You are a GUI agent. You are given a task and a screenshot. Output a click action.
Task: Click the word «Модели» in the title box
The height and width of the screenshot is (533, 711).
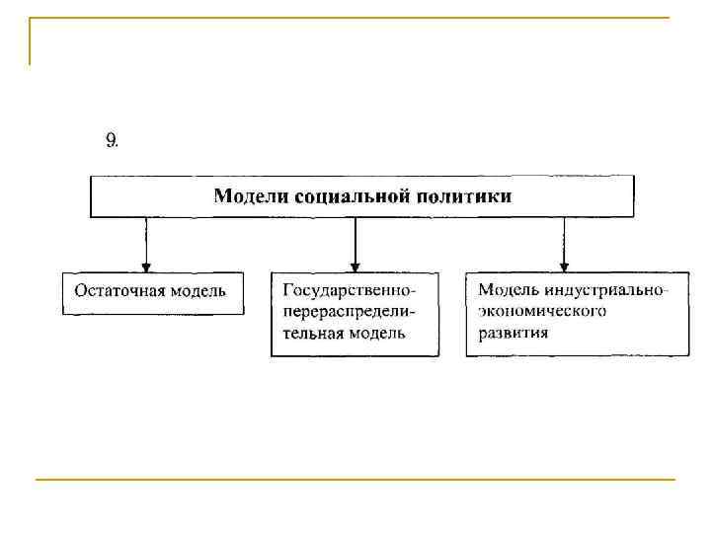[x=246, y=196]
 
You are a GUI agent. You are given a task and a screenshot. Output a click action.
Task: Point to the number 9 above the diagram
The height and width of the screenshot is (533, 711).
[x=112, y=140]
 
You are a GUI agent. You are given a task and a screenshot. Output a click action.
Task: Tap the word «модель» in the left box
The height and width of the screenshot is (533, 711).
[x=197, y=291]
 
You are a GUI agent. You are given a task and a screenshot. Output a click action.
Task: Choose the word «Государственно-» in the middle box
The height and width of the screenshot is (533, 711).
[x=349, y=291]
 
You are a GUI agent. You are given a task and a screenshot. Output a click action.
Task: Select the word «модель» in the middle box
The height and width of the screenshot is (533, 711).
[x=376, y=333]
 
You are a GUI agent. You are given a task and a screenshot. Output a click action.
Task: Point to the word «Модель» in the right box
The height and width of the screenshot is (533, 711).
[x=507, y=291]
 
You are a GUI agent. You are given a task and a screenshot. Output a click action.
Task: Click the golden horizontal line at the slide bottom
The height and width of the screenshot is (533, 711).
[x=355, y=480]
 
